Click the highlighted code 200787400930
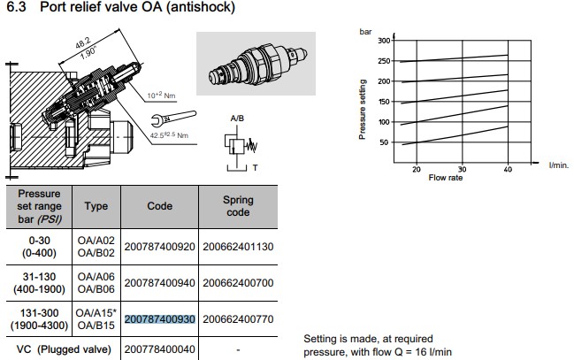[x=159, y=319]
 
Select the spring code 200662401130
[x=238, y=247]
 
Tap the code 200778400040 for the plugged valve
[x=159, y=349]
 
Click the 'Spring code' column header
[x=238, y=206]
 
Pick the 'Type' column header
[x=96, y=206]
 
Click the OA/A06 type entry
[x=96, y=277]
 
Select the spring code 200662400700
[x=238, y=283]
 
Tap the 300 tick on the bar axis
[x=384, y=41]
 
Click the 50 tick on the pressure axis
[x=384, y=142]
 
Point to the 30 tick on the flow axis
[x=462, y=169]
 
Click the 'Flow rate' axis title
[x=446, y=178]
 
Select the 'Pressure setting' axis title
[x=363, y=109]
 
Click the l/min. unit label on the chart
[x=559, y=165]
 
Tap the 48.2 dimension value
[x=83, y=43]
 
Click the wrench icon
[x=173, y=118]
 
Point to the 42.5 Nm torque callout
[x=169, y=135]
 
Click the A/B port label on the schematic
[x=237, y=119]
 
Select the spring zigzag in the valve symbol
[x=251, y=146]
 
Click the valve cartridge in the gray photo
[x=257, y=64]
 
